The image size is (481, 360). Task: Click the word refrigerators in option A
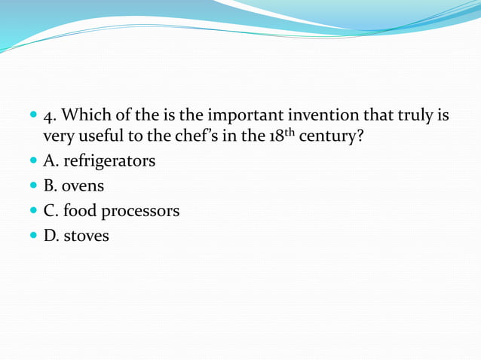[x=109, y=161]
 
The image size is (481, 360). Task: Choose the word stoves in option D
[x=87, y=236]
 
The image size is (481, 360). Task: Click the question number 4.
[x=49, y=116]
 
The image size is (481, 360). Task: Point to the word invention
[x=301, y=116]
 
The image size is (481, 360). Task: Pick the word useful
[x=97, y=137]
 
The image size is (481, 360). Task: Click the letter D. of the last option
[x=51, y=236]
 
